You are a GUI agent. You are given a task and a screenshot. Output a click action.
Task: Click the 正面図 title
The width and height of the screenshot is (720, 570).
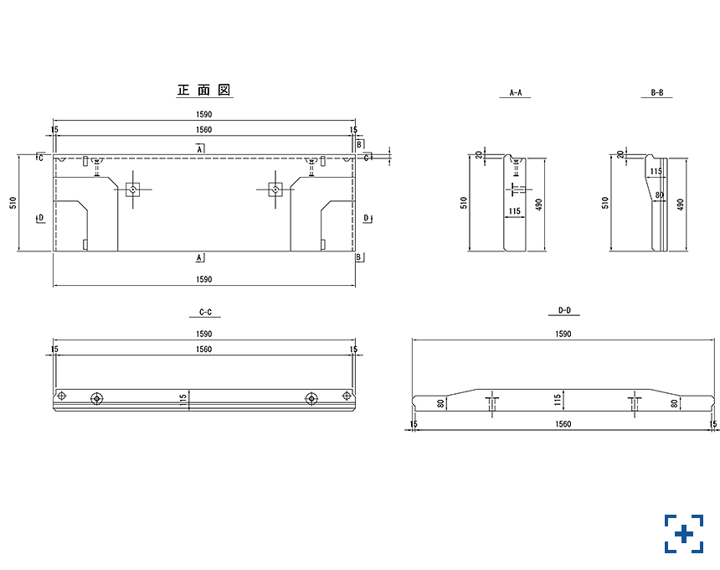(204, 90)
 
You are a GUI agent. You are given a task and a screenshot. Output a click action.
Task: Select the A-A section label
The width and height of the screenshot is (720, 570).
(516, 94)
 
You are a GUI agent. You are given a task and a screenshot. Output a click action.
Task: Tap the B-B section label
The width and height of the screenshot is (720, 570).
(657, 94)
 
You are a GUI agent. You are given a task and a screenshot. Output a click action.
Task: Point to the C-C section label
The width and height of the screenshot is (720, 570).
(204, 312)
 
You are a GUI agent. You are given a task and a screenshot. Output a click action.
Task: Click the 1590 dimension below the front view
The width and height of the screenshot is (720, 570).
(204, 279)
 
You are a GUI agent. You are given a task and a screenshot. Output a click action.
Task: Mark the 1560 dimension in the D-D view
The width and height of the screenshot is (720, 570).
(563, 425)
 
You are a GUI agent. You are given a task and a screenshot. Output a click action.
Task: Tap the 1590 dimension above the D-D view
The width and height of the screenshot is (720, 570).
(563, 334)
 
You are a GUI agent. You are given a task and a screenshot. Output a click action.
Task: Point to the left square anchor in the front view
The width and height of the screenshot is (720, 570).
(132, 189)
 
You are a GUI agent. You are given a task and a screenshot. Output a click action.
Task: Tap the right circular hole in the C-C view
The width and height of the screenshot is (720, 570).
(311, 397)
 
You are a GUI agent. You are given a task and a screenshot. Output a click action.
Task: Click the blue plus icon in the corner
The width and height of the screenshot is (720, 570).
(684, 534)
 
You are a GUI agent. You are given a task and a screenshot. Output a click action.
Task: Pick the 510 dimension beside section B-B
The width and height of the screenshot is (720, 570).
(606, 204)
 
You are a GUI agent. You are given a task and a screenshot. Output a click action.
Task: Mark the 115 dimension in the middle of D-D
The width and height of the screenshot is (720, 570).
(557, 402)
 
